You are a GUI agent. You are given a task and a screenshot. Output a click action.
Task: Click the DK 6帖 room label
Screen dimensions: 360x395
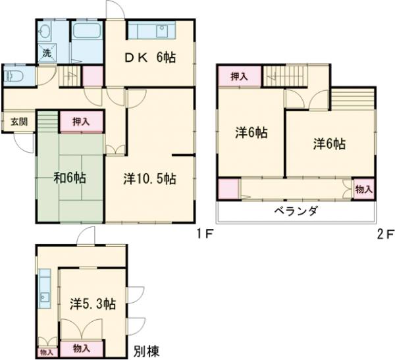(151, 58)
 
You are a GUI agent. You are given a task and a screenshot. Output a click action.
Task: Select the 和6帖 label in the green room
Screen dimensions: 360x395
(68, 178)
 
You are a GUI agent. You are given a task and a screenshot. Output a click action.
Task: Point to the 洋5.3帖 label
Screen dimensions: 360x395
(93, 304)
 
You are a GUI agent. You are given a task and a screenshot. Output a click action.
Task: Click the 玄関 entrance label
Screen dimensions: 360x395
(18, 121)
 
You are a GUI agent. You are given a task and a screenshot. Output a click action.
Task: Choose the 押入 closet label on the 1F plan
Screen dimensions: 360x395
(82, 121)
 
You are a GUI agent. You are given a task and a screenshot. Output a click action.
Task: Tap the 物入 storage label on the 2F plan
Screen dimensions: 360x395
(363, 189)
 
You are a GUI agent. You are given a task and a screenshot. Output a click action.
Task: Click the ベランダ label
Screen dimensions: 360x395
(296, 211)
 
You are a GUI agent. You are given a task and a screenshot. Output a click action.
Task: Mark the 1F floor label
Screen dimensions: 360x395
(203, 233)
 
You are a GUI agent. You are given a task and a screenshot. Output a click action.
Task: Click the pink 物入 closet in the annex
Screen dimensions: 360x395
(82, 346)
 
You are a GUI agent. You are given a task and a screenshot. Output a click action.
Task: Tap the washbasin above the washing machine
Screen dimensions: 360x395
(45, 31)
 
